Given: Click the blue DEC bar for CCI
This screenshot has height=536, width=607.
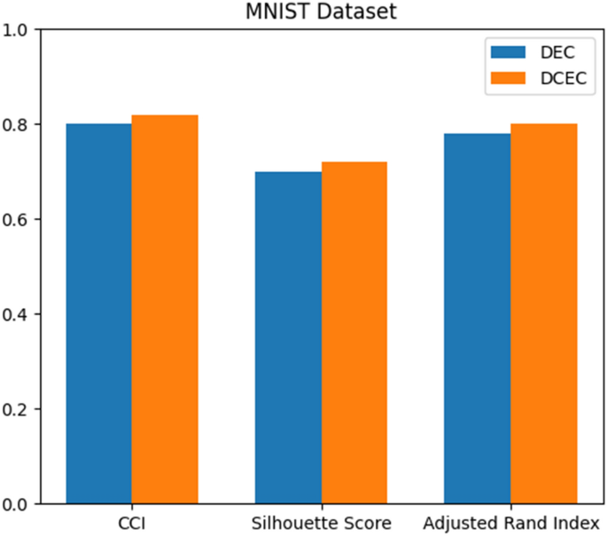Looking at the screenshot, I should click(98, 314).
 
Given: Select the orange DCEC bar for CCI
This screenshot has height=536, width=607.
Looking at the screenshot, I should click(165, 309).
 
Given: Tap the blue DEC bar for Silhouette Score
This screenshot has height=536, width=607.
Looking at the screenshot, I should click(288, 338).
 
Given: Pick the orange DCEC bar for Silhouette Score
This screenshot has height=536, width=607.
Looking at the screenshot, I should click(354, 333).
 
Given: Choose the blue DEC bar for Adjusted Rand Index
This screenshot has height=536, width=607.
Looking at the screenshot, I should click(477, 319).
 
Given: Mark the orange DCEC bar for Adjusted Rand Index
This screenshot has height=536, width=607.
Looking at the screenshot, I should click(543, 314).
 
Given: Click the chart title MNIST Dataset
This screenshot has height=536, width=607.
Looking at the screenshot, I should click(321, 12).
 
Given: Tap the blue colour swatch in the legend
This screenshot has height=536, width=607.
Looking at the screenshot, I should click(505, 50).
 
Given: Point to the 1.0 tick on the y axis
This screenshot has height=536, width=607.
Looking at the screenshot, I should click(19, 29).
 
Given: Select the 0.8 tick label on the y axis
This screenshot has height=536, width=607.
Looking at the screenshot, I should click(19, 125).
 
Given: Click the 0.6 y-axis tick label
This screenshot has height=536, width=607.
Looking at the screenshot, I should click(19, 220).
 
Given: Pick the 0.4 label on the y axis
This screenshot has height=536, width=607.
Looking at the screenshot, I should click(19, 315).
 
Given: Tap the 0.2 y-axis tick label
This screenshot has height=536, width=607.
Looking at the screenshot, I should click(19, 409).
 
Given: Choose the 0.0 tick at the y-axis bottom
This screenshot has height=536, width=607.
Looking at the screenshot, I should click(19, 504).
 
